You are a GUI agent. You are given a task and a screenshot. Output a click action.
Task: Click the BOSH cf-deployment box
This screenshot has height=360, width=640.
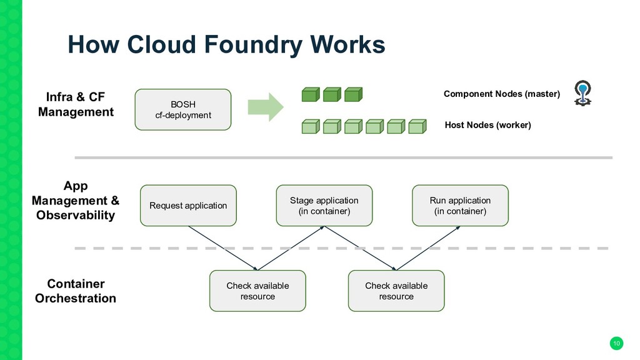click(x=183, y=110)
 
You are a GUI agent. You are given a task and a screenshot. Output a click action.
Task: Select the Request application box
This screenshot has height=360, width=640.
click(x=188, y=205)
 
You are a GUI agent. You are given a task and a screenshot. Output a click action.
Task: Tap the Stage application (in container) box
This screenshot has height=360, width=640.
click(x=324, y=205)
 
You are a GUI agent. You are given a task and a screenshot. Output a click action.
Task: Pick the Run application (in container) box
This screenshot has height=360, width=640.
click(x=460, y=205)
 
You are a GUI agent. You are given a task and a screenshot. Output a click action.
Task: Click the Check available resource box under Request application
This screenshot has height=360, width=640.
click(x=257, y=291)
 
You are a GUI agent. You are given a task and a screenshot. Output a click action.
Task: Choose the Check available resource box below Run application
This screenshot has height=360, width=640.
click(x=396, y=291)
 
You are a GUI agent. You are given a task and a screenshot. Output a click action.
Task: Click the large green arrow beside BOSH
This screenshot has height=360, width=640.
click(x=265, y=107)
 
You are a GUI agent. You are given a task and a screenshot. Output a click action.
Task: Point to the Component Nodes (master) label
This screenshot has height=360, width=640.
click(x=502, y=94)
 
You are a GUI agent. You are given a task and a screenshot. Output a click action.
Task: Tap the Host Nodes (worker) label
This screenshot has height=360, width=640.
click(x=487, y=125)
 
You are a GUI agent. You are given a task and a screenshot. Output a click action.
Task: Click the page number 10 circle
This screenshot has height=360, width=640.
click(x=616, y=343)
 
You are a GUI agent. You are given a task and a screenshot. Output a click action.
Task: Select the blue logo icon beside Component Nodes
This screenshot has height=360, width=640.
click(x=582, y=93)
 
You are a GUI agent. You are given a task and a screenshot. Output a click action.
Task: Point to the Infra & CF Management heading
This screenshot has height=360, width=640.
click(x=76, y=104)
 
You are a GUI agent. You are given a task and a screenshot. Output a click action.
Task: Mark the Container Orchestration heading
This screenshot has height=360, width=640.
click(x=76, y=291)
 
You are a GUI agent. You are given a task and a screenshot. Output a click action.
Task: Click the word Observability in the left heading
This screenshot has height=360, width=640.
click(x=76, y=215)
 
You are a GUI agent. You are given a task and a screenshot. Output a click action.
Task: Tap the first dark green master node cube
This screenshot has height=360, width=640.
click(x=311, y=94)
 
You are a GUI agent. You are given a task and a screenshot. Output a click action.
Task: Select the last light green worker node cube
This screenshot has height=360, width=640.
click(x=417, y=126)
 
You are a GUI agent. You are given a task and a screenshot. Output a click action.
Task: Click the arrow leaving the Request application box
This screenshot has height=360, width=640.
click(x=223, y=248)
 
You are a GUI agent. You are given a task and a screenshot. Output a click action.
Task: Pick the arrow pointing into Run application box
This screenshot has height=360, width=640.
click(x=428, y=248)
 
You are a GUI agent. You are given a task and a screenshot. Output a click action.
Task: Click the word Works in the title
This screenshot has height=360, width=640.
click(x=347, y=44)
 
